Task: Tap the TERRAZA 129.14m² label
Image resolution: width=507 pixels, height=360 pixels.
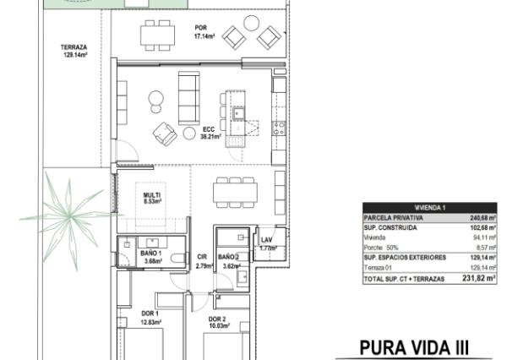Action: (74, 51)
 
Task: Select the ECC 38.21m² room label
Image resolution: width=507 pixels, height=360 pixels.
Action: (210, 132)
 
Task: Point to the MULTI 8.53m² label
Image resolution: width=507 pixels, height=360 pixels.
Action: (152, 199)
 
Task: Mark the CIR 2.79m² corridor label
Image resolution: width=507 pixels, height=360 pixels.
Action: (202, 261)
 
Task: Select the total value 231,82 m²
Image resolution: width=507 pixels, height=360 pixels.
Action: (477, 277)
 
